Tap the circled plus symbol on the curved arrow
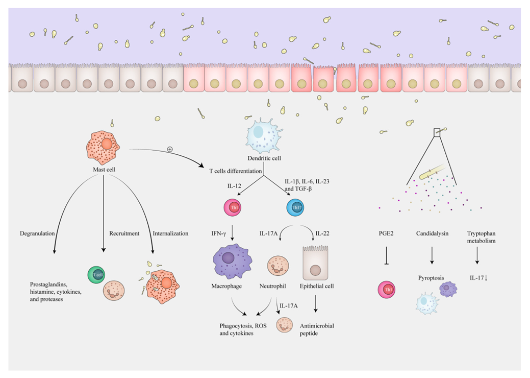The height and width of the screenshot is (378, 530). click(x=169, y=149)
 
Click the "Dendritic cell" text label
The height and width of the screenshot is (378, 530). click(x=263, y=158)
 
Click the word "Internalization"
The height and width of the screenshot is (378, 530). click(x=170, y=233)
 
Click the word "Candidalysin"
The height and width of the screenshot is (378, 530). click(x=432, y=233)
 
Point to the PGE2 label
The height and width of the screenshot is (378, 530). click(x=385, y=233)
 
